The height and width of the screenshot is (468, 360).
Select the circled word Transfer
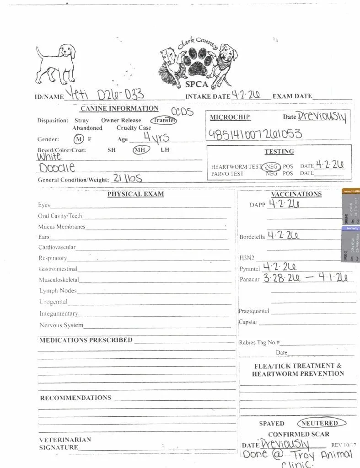pyautogui.click(x=164, y=121)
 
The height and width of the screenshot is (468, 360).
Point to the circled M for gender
pyautogui.click(x=79, y=139)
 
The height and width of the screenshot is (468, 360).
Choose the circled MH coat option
pyautogui.click(x=139, y=149)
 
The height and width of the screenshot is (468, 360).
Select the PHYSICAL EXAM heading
pyautogui.click(x=135, y=194)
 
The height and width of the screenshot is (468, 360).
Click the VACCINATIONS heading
pyautogui.click(x=296, y=194)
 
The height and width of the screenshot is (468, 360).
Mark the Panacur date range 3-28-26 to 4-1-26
pyautogui.click(x=308, y=278)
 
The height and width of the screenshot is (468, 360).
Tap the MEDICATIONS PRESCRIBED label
pyautogui.click(x=86, y=340)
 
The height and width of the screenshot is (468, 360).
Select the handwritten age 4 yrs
pyautogui.click(x=156, y=137)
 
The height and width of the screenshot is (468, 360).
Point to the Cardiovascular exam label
pyautogui.click(x=57, y=248)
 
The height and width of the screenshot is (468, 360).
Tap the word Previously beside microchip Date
pyautogui.click(x=322, y=117)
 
